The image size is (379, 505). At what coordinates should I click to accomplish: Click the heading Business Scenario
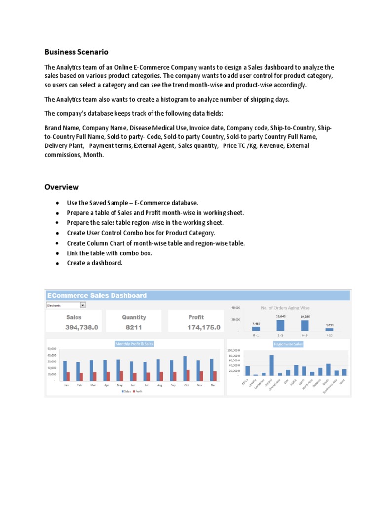coord(76,52)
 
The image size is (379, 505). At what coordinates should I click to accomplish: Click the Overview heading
coord(62,187)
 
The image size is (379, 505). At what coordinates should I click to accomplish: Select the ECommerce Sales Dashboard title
coord(97,296)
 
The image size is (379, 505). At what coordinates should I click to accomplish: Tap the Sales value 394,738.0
coord(82,327)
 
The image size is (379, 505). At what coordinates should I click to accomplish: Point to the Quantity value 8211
coord(134,327)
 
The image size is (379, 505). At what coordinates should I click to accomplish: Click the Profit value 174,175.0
coord(204,327)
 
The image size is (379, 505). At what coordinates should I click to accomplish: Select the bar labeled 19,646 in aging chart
coord(280,325)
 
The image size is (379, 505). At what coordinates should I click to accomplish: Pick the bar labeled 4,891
coord(329,329)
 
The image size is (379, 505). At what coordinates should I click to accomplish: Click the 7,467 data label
coord(256,324)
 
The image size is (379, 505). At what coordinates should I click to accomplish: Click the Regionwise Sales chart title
coord(288,344)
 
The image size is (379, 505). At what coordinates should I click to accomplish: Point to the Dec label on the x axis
coord(213,385)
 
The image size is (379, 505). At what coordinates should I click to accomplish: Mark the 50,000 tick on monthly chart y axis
coord(52,349)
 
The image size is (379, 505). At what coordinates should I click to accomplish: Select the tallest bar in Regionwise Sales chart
coord(271,365)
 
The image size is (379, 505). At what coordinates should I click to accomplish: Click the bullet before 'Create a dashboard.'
coord(58,263)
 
